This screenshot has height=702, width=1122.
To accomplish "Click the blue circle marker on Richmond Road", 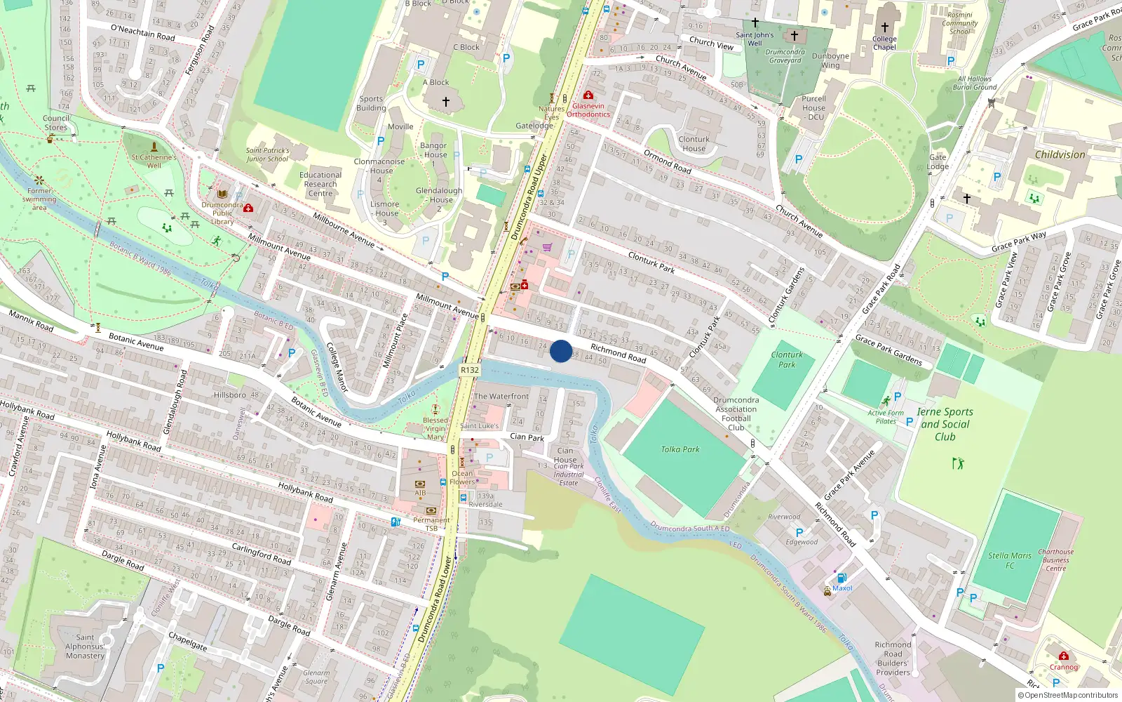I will pos(561,351).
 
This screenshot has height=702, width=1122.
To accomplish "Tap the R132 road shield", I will pos(470,370).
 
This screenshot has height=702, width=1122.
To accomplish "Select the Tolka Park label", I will pos(680,449).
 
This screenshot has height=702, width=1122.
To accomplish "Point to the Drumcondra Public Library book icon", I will pos(222,194).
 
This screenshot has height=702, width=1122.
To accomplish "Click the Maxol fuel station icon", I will pos(841,578).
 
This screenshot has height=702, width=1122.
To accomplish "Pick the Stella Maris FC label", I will pos(1010,560).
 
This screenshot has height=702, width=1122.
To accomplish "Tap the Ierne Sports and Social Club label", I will pos(945,424).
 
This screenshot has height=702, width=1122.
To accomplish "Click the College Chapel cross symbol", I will pos(885,27).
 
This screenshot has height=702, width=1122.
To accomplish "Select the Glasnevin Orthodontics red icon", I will pos(588,95).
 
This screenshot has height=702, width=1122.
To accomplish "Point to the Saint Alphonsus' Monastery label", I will pos(85,647).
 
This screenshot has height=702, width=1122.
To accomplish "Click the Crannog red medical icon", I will pos(1064,656).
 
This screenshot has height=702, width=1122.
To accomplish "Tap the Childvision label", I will pos(1060,154).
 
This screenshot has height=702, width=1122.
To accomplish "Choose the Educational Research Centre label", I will pos(320,184).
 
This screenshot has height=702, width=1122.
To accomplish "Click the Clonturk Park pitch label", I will pos(787,359).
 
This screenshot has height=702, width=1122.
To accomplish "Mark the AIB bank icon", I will pos(420,484).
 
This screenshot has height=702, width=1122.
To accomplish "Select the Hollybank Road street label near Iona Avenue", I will pos(133,442).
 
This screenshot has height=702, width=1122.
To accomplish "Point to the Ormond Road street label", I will pos(667,161).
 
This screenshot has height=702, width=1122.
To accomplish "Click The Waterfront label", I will pos(501,397).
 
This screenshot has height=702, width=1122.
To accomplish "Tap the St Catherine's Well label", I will pos(154,161).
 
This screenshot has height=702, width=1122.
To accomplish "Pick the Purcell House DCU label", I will pos(814,107).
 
